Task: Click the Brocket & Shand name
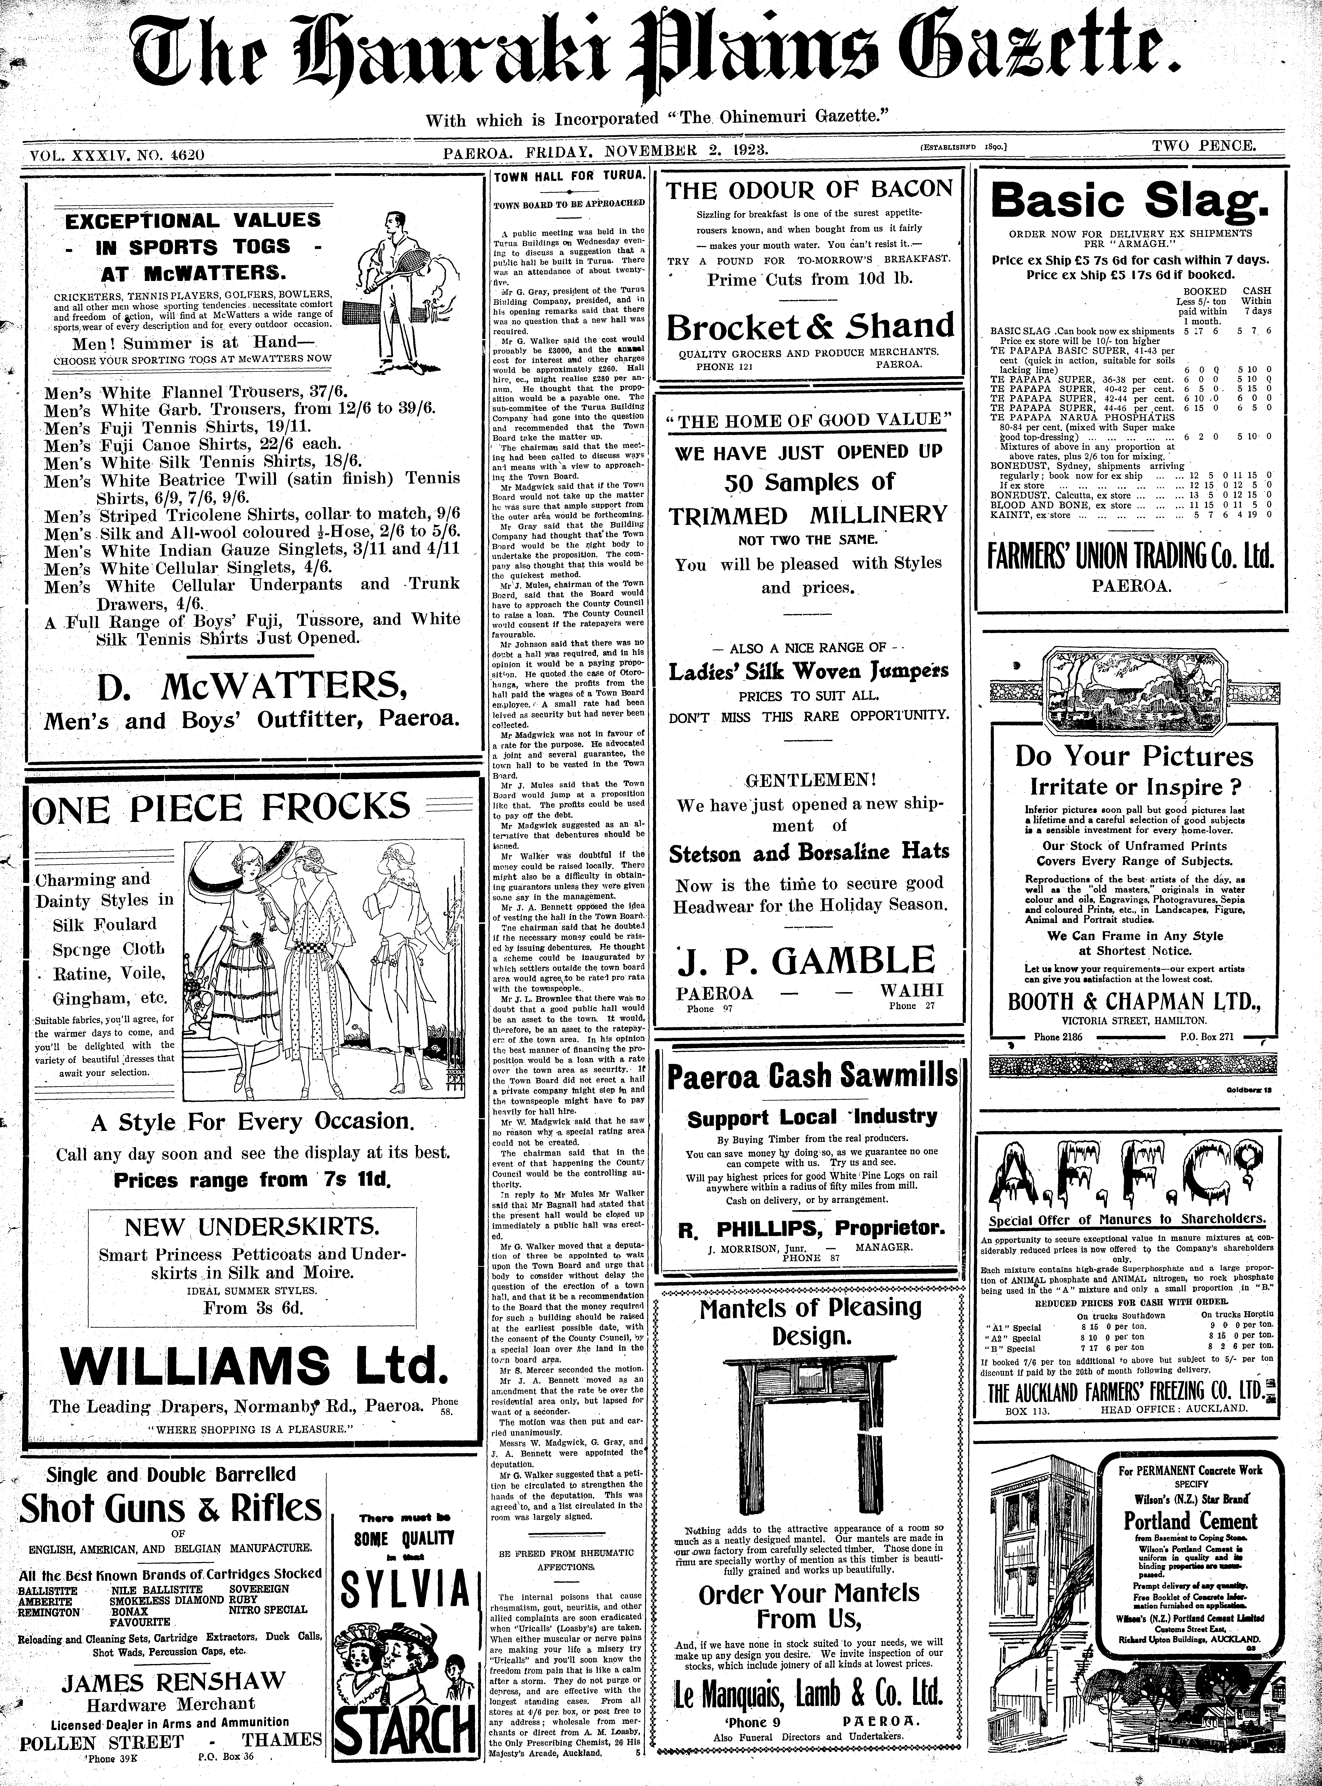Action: pos(810,326)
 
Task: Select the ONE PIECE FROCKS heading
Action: pos(220,808)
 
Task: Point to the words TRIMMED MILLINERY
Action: pos(808,515)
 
